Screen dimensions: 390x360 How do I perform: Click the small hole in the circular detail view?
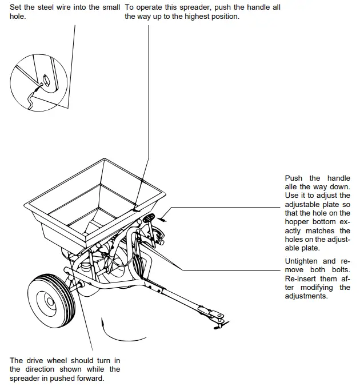(47, 80)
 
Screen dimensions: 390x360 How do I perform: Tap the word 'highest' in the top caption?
(202, 17)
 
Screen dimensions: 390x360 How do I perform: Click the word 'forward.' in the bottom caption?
(89, 379)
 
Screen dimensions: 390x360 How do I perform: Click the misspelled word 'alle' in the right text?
(292, 187)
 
